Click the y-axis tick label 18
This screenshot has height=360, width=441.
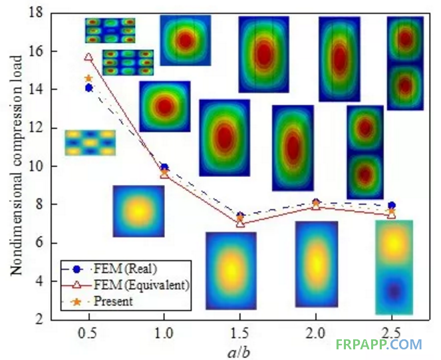(39, 12)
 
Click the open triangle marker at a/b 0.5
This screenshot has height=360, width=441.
(88, 57)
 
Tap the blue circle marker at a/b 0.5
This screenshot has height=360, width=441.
(88, 88)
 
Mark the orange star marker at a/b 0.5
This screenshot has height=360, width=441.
(88, 79)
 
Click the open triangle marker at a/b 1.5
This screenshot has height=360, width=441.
(240, 223)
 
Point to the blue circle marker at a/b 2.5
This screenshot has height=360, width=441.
(392, 206)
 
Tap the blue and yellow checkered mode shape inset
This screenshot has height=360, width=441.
(90, 143)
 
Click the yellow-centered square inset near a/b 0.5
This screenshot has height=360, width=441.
(138, 212)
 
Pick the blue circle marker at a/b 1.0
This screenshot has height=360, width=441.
(164, 168)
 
